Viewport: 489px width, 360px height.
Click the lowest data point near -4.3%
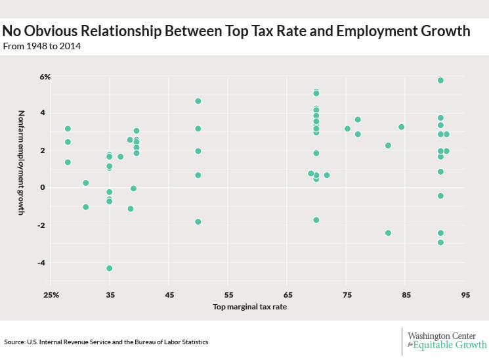[110, 268]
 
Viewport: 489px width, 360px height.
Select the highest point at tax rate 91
[440, 80]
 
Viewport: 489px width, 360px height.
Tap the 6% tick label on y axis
[45, 77]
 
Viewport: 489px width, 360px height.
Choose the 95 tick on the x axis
[465, 294]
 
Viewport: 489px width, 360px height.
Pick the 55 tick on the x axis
[228, 294]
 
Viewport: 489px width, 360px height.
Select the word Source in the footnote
[15, 342]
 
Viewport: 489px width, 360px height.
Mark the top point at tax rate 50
[198, 101]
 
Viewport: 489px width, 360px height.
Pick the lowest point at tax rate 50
[198, 221]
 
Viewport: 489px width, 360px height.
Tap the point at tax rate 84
[401, 127]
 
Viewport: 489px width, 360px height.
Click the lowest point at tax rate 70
[316, 219]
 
